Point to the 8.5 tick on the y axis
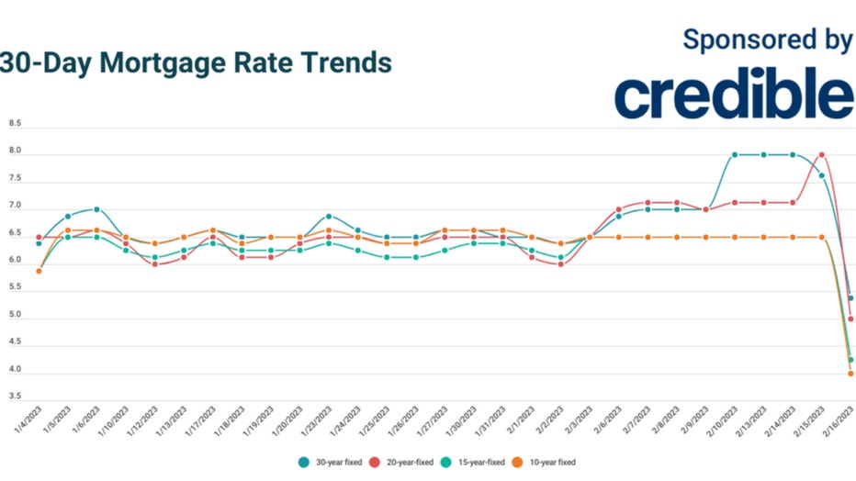pyautogui.click(x=15, y=123)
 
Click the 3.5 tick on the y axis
pyautogui.click(x=15, y=397)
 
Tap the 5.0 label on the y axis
pyautogui.click(x=15, y=315)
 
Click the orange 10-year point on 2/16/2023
pyautogui.click(x=850, y=374)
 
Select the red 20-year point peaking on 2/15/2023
pyautogui.click(x=822, y=155)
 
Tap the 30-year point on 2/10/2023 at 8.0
pyautogui.click(x=735, y=155)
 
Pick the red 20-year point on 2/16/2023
pyautogui.click(x=850, y=319)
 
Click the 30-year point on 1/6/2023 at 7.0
pyautogui.click(x=96, y=209)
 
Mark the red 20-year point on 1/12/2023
pyautogui.click(x=154, y=264)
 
